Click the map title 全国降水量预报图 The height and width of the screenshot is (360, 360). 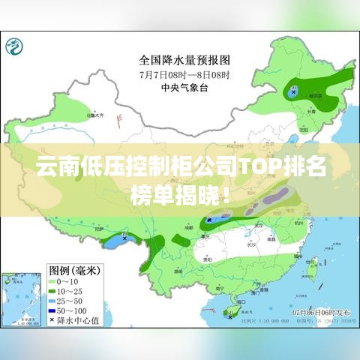[x=184, y=58]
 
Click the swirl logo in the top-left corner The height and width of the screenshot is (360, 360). [x=16, y=47]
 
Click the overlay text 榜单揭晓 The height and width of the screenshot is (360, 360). [x=175, y=197]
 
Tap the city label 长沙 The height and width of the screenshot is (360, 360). [x=252, y=243]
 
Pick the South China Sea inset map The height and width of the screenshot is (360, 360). [x=19, y=301]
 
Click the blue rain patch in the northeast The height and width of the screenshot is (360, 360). [x=292, y=92]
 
